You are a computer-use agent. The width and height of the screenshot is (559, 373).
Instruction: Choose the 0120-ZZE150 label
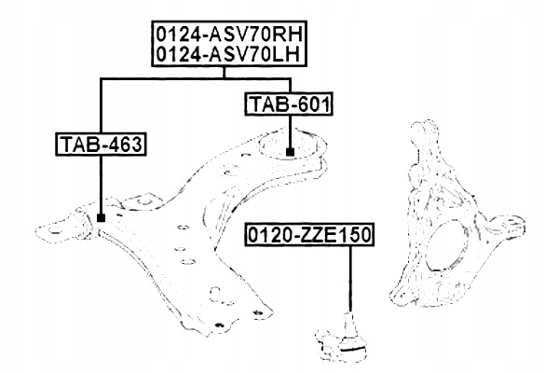(x=308, y=236)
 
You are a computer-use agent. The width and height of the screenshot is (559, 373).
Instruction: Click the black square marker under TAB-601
(x=291, y=151)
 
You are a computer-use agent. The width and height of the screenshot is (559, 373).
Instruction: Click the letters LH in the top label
(x=290, y=56)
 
